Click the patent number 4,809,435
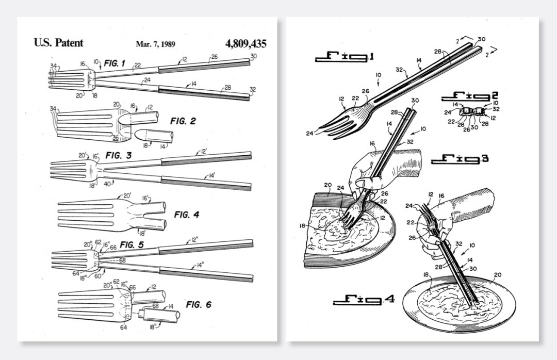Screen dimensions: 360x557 (246, 43)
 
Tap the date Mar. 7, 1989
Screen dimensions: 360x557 (155, 44)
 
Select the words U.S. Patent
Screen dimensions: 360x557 (58, 43)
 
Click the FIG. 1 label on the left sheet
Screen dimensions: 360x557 (114, 63)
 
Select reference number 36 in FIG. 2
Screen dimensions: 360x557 (116, 138)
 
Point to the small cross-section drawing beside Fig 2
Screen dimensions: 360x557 (471, 111)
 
